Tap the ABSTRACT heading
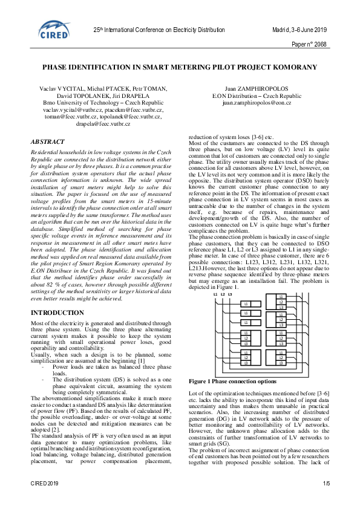[48, 141]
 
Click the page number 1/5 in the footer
[326, 500]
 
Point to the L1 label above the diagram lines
[215, 277]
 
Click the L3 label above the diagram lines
[230, 277]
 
